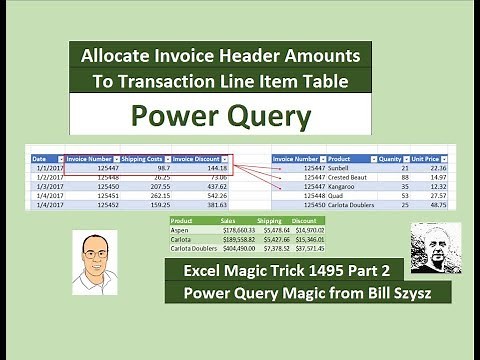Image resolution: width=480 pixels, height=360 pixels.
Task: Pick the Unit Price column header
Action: (x=429, y=158)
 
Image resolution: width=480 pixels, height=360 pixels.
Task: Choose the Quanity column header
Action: (x=389, y=158)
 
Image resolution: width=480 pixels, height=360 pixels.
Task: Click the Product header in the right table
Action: (x=342, y=158)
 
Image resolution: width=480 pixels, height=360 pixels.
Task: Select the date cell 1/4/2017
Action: (x=46, y=196)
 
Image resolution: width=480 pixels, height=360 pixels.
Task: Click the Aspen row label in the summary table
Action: (x=181, y=229)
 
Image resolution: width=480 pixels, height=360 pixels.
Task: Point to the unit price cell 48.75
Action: (x=436, y=205)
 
